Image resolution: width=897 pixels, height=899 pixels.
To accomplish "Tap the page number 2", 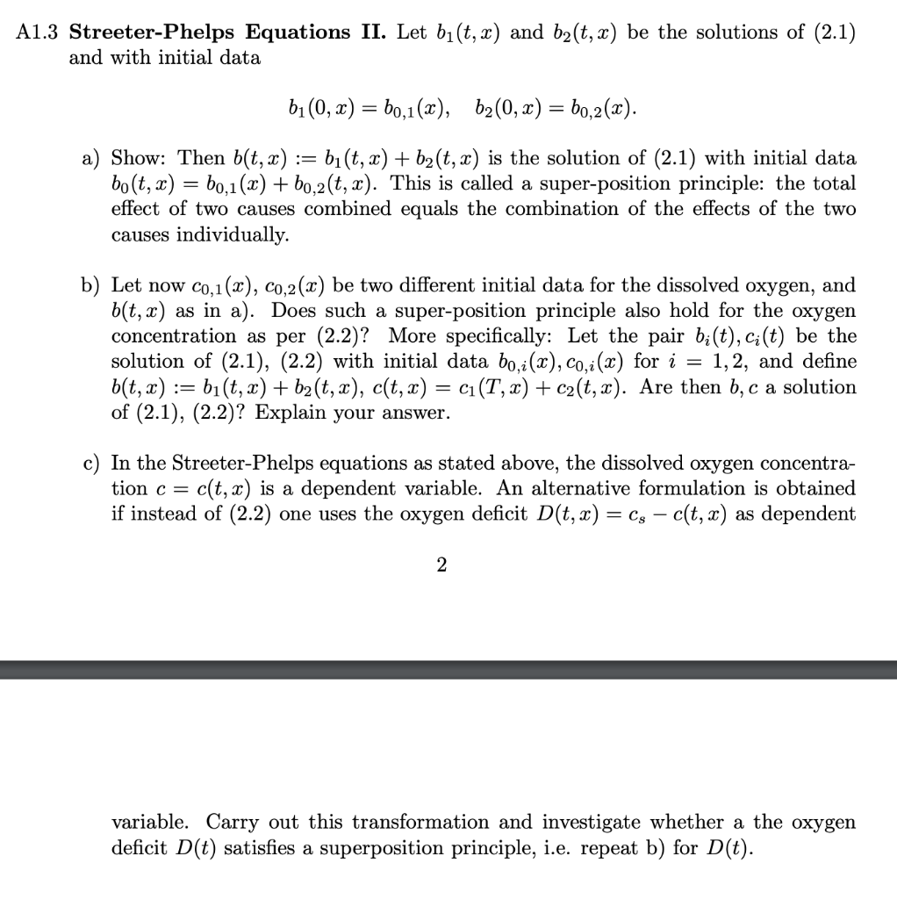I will (441, 566).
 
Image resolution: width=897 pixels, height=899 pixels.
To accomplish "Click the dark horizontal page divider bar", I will (448, 669).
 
